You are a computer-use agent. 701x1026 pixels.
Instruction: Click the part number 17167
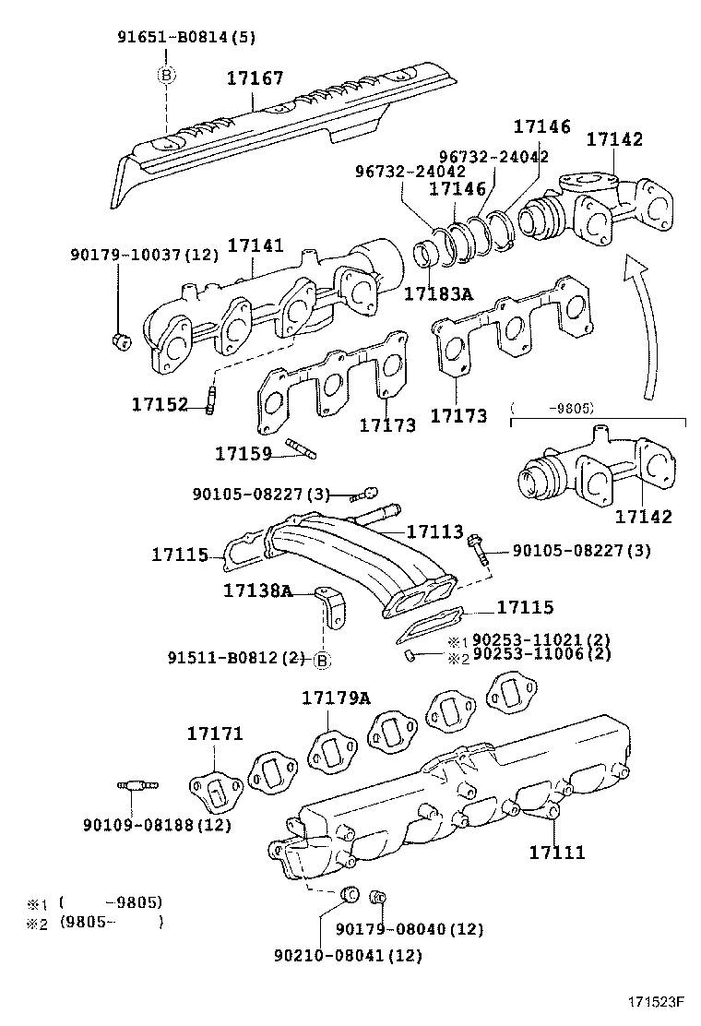pyautogui.click(x=255, y=78)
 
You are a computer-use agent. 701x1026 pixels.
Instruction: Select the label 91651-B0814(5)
pyautogui.click(x=186, y=38)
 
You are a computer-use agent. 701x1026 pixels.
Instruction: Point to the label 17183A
pyautogui.click(x=438, y=294)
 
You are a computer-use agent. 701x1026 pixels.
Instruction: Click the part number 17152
pyautogui.click(x=160, y=404)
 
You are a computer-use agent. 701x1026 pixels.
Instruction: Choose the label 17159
pyautogui.click(x=244, y=453)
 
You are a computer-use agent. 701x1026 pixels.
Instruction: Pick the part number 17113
pyautogui.click(x=434, y=531)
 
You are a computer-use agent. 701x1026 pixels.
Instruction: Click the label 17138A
pyautogui.click(x=257, y=590)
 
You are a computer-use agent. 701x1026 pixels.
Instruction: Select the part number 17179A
pyautogui.click(x=336, y=698)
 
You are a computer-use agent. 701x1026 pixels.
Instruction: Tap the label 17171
pyautogui.click(x=215, y=734)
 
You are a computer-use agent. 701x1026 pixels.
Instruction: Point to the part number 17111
pyautogui.click(x=556, y=853)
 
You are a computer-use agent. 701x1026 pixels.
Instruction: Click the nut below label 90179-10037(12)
pyautogui.click(x=120, y=341)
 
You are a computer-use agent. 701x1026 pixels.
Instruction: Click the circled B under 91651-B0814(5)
pyautogui.click(x=166, y=76)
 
